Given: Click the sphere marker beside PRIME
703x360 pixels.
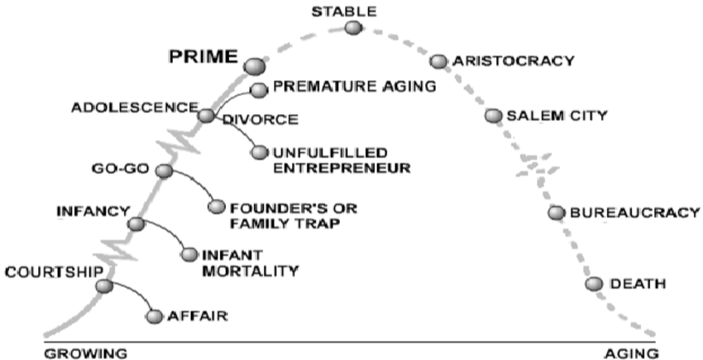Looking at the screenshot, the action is pos(254,65).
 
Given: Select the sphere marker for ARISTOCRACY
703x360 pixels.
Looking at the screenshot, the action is pos(438,61).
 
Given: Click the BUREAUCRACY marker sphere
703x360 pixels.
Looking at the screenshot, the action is pos(557,213).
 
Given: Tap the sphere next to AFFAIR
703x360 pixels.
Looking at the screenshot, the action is pos(154,315).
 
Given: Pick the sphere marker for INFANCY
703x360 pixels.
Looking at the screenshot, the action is pos(136,223).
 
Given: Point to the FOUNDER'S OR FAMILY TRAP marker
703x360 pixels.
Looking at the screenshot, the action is pos(217,206).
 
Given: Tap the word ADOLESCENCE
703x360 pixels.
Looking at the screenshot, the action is pos(135,108).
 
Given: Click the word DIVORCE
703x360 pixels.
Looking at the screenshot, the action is pos(259,120).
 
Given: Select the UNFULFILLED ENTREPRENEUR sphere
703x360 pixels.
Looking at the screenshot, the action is pos(260,152).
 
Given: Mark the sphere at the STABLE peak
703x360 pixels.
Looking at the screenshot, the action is pos(353,28).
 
